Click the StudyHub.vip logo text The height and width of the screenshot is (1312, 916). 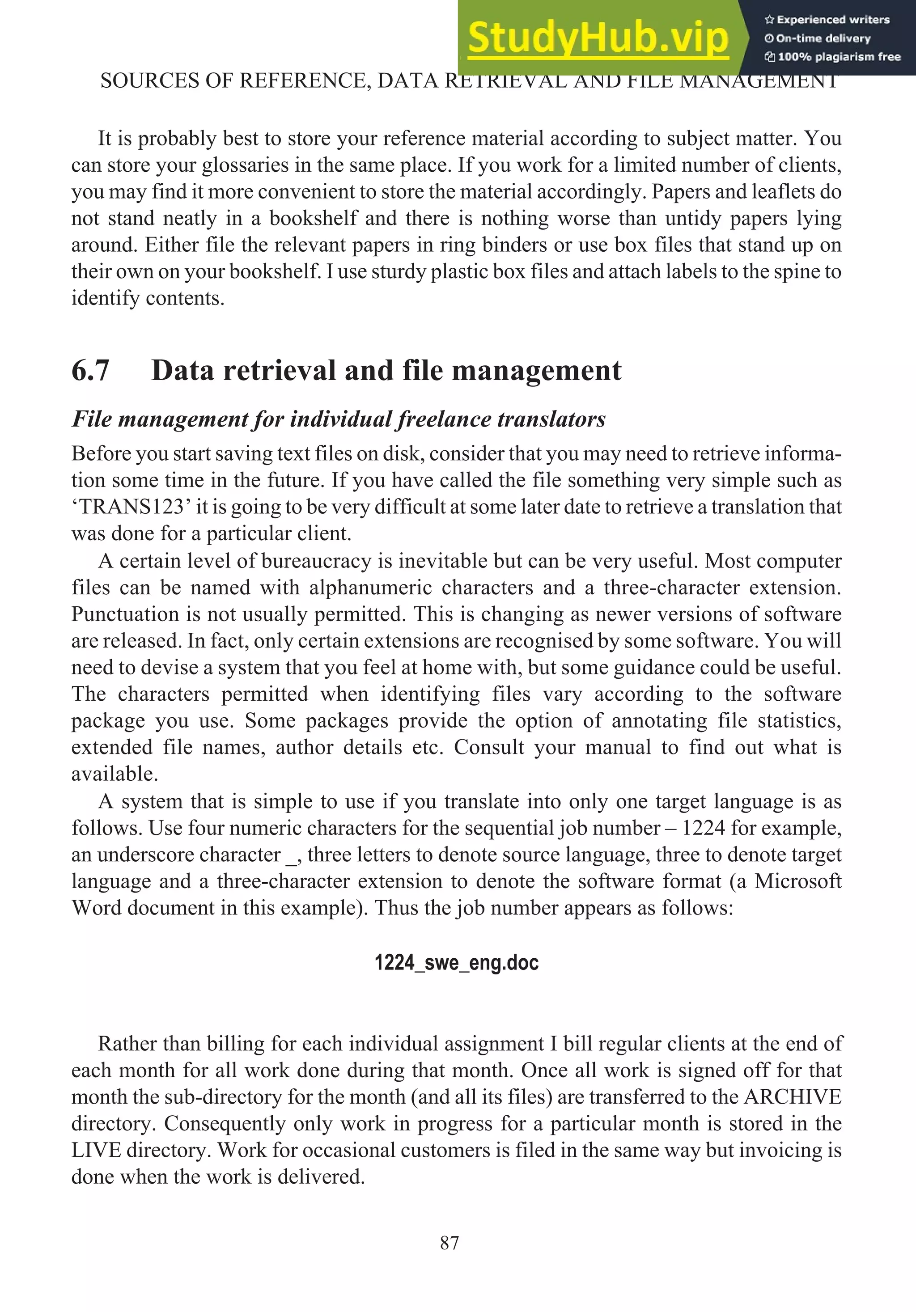click(x=598, y=38)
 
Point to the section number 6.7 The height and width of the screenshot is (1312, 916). click(x=90, y=370)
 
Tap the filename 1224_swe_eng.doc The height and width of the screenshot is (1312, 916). click(x=456, y=963)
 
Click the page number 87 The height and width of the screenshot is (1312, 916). click(x=449, y=1243)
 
